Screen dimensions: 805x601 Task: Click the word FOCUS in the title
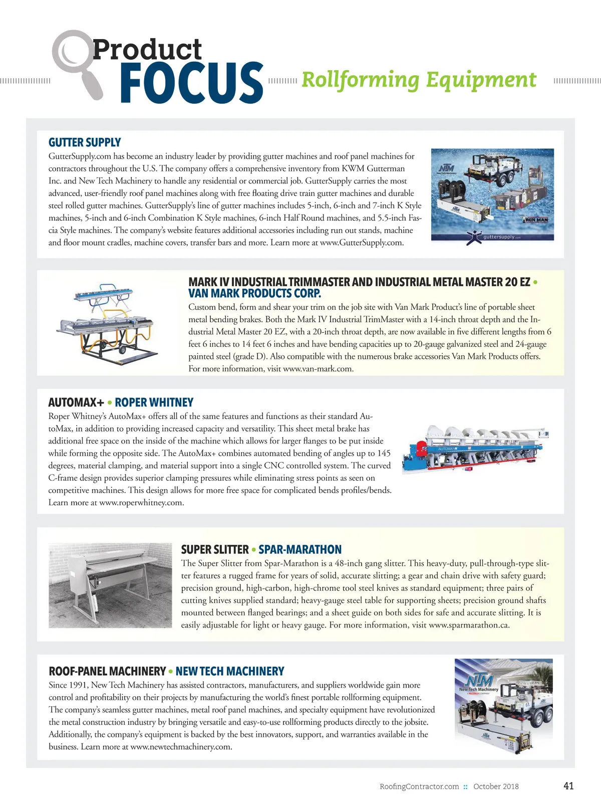pos(191,83)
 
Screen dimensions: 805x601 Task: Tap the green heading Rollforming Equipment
pos(419,80)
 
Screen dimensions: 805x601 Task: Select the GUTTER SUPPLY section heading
pos(85,142)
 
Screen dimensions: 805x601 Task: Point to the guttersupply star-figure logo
pos(474,237)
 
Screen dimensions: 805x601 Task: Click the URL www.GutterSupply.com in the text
pos(361,243)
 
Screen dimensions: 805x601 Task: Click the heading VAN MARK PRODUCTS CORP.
pos(254,294)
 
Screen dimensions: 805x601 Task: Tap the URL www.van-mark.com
pos(318,369)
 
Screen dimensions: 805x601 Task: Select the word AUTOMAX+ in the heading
pos(76,402)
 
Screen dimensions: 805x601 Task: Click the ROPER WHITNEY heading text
pos(154,402)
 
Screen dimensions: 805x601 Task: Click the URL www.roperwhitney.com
pos(141,503)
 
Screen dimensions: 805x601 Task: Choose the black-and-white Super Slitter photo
pos(110,585)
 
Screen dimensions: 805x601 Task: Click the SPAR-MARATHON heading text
pos(300,549)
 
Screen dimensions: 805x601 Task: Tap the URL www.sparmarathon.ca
pos(469,625)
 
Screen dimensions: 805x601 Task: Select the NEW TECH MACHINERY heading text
pos(230,671)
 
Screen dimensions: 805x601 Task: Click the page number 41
pos(568,786)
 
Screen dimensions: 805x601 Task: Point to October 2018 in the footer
pos(496,786)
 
